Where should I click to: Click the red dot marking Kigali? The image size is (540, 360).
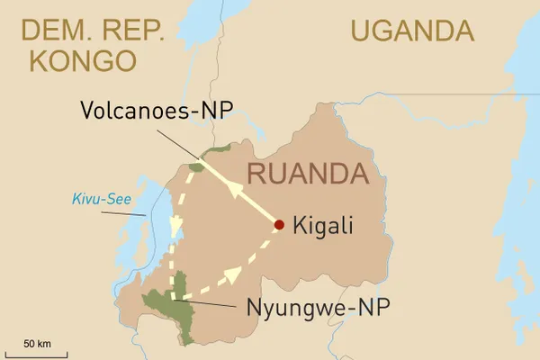[x=280, y=225]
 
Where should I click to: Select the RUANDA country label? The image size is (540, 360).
[x=309, y=172]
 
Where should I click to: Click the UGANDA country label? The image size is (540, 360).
[x=412, y=31]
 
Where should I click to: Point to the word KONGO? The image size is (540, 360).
[x=83, y=60]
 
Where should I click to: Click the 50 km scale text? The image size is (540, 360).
[x=37, y=343]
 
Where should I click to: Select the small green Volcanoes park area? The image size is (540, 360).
[x=196, y=166]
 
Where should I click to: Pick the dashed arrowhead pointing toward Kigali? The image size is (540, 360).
[x=236, y=271]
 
